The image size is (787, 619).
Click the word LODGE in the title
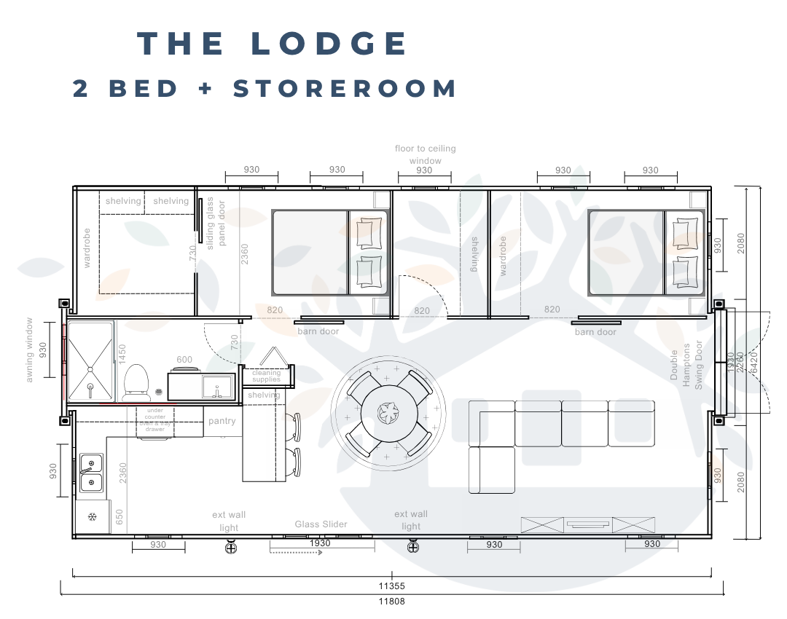click(329, 44)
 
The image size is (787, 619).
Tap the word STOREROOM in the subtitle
click(345, 89)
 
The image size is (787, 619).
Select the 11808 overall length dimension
click(391, 602)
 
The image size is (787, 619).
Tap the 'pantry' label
click(222, 421)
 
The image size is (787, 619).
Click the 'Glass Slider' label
click(321, 524)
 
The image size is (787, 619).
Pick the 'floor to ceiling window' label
click(425, 154)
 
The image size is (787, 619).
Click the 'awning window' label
click(30, 350)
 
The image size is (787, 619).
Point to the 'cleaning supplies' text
click(266, 376)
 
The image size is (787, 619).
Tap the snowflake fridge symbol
click(92, 517)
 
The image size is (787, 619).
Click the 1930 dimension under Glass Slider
click(320, 543)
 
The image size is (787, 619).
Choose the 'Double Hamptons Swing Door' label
click(686, 366)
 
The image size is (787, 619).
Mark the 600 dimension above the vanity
click(184, 360)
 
